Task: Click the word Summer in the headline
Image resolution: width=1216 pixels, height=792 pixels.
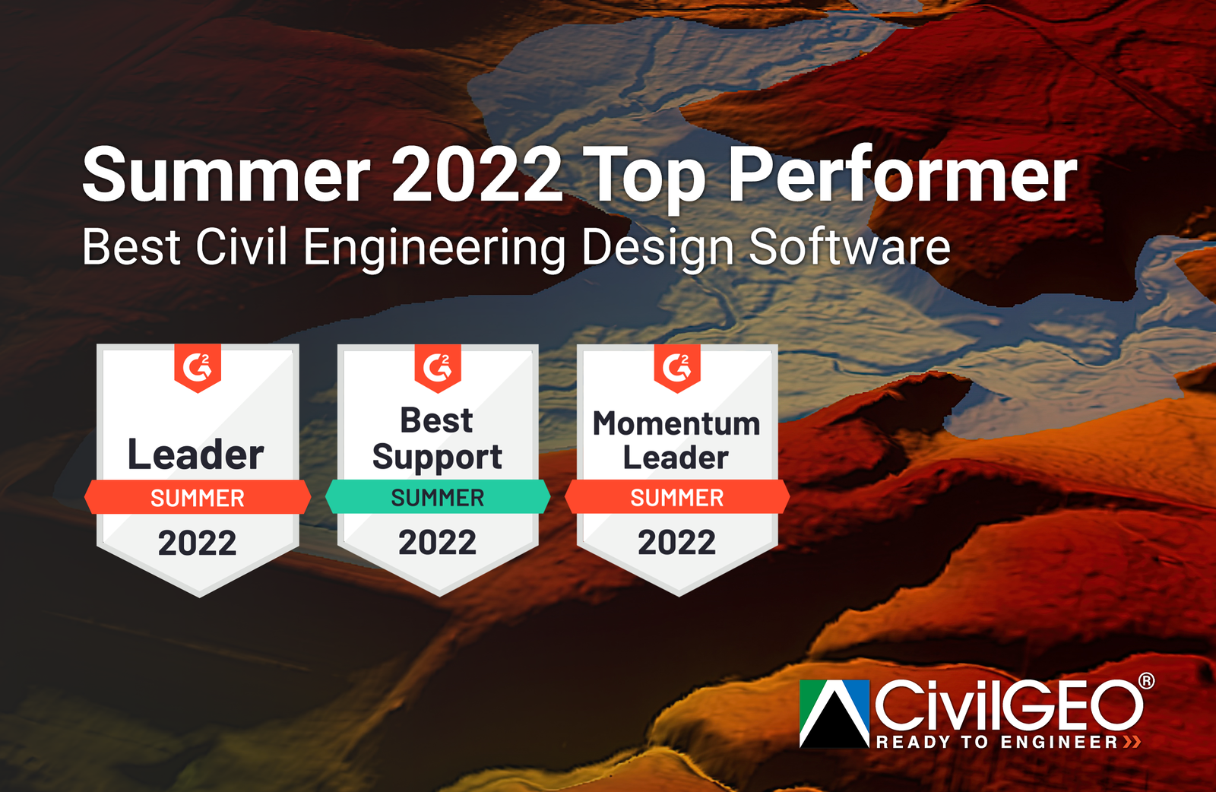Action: coord(226,176)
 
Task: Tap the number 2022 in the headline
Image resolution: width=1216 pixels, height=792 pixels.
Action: coord(477,176)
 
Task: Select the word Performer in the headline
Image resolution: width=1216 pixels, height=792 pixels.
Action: coord(903,176)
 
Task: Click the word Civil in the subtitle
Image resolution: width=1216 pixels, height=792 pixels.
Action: coord(241,247)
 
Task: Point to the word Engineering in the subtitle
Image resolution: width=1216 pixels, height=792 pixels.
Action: coord(434,249)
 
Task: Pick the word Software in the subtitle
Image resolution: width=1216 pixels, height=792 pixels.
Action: coord(850,247)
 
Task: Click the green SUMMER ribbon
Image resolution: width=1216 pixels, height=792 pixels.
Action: coord(438,498)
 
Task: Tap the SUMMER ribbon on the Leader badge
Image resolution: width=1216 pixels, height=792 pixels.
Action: coord(198,498)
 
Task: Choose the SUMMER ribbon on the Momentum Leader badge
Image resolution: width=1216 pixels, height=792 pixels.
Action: coord(677,498)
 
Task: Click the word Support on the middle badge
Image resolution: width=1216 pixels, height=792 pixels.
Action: coord(437,458)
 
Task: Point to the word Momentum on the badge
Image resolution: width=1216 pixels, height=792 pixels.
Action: coord(676,423)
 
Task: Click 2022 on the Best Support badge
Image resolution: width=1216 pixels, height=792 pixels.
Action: coord(438,543)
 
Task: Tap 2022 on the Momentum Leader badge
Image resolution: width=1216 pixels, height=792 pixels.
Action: coord(677,543)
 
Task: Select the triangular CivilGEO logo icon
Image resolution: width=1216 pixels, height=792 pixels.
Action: coord(834,713)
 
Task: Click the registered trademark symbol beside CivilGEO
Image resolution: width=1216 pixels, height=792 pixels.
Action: coord(1146,681)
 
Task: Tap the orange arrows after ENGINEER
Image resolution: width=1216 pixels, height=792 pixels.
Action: coord(1132,742)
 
